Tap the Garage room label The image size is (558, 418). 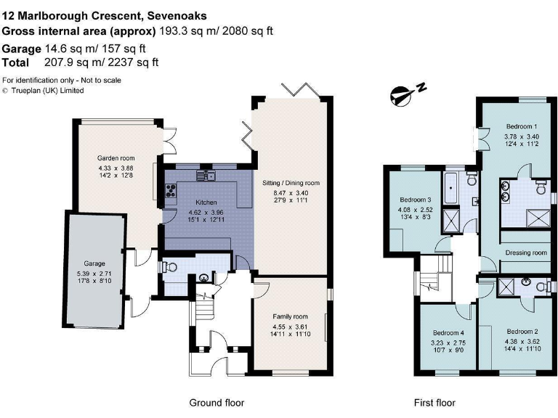click(94, 263)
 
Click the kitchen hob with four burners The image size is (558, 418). click(172, 192)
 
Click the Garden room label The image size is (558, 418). click(116, 157)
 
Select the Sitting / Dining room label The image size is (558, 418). click(290, 183)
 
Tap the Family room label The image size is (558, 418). click(290, 317)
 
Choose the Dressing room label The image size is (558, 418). click(527, 253)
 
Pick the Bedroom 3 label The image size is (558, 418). click(415, 200)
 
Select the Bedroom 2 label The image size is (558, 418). click(522, 332)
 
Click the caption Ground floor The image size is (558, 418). click(217, 403)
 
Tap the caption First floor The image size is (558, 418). click(434, 403)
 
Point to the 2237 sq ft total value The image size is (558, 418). click(134, 62)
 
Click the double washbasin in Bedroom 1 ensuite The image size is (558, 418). click(506, 191)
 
